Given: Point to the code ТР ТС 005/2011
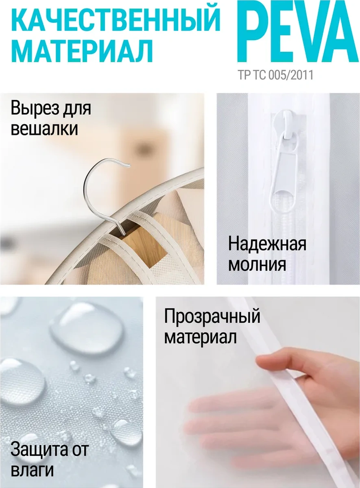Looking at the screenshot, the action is [x=275, y=75].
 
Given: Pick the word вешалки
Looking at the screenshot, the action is [x=44, y=129].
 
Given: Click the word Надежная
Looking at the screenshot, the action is [x=267, y=244].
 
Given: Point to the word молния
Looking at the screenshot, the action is [x=257, y=264].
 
